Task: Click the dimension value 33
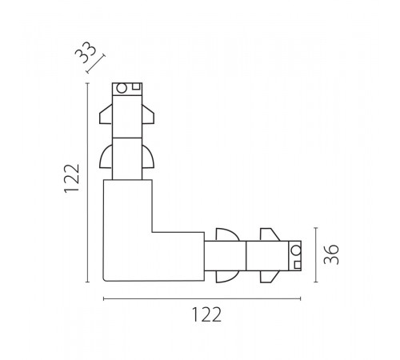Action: click(x=85, y=53)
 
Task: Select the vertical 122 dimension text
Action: click(x=72, y=178)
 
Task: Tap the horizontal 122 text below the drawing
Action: click(x=206, y=314)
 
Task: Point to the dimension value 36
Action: click(x=331, y=254)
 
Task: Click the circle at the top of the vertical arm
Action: click(x=122, y=88)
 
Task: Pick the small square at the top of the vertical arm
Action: click(x=136, y=86)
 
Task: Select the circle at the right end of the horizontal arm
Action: click(x=296, y=250)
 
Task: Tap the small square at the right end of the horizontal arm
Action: click(x=298, y=265)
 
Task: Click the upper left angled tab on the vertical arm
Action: click(x=106, y=114)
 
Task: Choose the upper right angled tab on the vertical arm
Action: click(x=148, y=114)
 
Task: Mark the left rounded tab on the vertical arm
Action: click(x=106, y=157)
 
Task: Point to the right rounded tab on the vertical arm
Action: click(x=148, y=157)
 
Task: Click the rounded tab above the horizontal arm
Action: click(x=227, y=234)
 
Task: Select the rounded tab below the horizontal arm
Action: click(x=227, y=277)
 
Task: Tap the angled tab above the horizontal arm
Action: click(x=270, y=234)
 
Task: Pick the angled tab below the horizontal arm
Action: click(x=270, y=277)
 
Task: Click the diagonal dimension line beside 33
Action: click(x=96, y=64)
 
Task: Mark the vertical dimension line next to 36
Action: click(x=316, y=254)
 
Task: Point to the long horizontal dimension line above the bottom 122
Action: click(x=202, y=298)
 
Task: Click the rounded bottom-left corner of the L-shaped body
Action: click(x=104, y=280)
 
